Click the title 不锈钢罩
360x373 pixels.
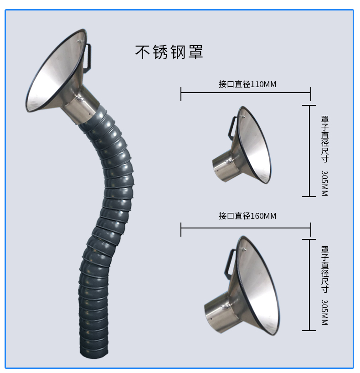click(x=169, y=52)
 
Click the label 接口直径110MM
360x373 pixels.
click(x=247, y=84)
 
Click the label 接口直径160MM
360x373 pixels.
click(x=247, y=216)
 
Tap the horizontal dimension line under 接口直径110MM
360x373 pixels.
click(x=246, y=93)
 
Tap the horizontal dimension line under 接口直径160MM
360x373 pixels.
click(x=246, y=228)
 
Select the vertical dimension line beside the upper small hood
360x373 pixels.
click(x=309, y=151)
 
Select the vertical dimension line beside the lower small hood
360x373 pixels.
click(x=309, y=285)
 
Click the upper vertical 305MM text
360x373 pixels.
click(x=324, y=183)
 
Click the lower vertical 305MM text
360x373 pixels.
click(x=324, y=312)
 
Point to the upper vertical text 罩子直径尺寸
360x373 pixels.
click(x=325, y=139)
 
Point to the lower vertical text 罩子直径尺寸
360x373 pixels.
click(x=325, y=269)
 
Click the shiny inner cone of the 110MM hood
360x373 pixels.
click(x=254, y=145)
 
